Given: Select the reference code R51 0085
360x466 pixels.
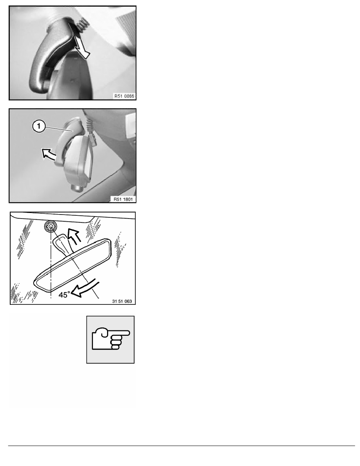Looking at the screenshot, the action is click(124, 96).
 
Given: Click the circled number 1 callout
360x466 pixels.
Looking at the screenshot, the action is click(38, 126).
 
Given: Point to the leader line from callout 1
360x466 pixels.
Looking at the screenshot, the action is click(58, 129).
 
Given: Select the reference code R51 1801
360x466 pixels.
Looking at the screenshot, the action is click(123, 199).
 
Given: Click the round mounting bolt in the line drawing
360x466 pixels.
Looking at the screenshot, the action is click(51, 227).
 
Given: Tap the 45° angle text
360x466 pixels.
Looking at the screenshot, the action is click(64, 295).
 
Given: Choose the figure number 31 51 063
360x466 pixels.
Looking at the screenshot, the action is click(122, 301).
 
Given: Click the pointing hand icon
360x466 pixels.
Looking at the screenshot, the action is click(111, 339).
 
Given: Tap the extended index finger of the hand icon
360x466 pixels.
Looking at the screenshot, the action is click(120, 333).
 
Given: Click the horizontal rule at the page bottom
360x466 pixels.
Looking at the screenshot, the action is click(182, 446).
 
